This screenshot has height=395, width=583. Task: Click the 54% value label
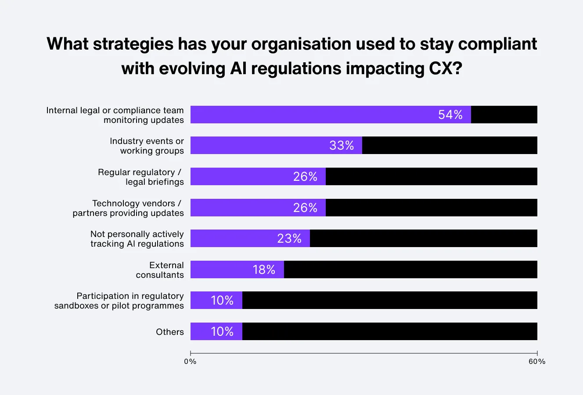pyautogui.click(x=450, y=115)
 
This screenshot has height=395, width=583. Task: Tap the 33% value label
pyautogui.click(x=342, y=145)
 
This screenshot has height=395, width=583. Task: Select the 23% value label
pyautogui.click(x=289, y=238)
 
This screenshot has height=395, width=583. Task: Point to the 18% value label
pyautogui.click(x=264, y=269)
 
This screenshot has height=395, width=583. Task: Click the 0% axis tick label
pyautogui.click(x=190, y=362)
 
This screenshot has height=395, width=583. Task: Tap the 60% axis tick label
pyautogui.click(x=537, y=362)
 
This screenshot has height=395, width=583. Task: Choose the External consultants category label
pyautogui.click(x=160, y=270)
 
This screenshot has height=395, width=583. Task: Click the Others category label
pyautogui.click(x=170, y=332)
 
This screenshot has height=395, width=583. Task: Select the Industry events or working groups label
pyautogui.click(x=147, y=146)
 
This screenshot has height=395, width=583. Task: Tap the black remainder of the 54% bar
pyautogui.click(x=504, y=115)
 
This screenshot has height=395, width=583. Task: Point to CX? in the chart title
pyautogui.click(x=443, y=68)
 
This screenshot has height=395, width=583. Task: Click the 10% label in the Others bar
pyautogui.click(x=222, y=331)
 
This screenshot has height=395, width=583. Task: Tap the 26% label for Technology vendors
pyautogui.click(x=305, y=208)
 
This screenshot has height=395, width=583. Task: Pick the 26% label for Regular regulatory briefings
pyautogui.click(x=305, y=176)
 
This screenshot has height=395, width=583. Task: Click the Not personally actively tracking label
pyautogui.click(x=137, y=239)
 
